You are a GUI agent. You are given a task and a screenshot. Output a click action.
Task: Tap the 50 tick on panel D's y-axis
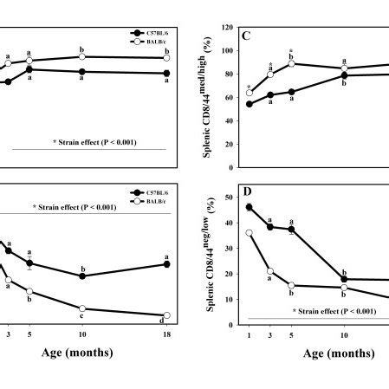click(231, 198)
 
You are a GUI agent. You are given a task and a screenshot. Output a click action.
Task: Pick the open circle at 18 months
click(166, 315)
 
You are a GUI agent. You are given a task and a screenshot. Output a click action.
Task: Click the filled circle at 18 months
click(166, 264)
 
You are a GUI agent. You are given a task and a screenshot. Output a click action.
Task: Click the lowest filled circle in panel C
click(250, 104)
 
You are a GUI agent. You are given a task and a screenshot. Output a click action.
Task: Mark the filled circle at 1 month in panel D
click(250, 207)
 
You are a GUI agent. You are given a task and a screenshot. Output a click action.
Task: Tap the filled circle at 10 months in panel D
click(344, 279)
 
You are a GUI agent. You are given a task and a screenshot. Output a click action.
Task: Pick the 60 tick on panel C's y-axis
click(230, 98)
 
